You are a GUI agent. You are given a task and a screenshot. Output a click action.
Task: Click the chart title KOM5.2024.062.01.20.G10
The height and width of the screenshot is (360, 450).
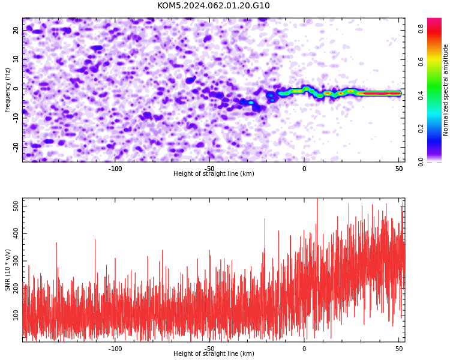(214, 5)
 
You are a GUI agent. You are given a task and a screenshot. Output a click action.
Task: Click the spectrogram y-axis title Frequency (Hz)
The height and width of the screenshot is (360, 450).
(7, 90)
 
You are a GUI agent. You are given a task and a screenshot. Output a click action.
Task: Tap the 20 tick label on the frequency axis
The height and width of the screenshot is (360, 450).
(16, 30)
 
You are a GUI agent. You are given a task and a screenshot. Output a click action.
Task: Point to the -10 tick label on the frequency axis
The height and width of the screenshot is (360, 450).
(16, 118)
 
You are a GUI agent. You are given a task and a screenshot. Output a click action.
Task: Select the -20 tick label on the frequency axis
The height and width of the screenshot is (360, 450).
(16, 147)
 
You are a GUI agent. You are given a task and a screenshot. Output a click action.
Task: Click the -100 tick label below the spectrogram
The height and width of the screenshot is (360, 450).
(115, 169)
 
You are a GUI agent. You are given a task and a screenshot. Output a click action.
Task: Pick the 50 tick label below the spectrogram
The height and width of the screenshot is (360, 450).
(399, 169)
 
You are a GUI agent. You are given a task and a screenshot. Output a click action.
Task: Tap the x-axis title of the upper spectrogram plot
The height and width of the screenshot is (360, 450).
(214, 173)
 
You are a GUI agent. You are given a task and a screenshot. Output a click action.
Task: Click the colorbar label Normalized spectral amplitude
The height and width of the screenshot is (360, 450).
(445, 90)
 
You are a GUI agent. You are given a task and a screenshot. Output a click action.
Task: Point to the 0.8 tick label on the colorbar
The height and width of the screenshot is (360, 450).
(421, 29)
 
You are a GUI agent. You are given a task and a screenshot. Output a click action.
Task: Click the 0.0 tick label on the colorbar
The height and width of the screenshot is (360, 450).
(421, 162)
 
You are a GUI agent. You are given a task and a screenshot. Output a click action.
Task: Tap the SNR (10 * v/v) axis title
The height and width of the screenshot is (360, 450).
(7, 270)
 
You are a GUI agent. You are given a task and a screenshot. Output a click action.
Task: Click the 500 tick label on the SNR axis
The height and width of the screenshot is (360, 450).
(16, 206)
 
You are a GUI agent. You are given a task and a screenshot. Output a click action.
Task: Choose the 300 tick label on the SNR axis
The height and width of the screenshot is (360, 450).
(16, 261)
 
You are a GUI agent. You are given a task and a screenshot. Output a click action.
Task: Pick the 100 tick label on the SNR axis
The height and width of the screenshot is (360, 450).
(16, 316)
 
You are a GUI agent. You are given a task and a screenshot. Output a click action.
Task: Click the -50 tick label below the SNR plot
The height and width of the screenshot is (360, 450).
(210, 349)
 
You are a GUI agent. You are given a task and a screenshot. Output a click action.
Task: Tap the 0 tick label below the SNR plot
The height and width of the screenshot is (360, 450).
(304, 349)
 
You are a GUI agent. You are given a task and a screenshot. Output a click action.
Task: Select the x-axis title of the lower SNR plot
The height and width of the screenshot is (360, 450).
(214, 353)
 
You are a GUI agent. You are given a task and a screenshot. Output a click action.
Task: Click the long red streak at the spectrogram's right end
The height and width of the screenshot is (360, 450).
(380, 94)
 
